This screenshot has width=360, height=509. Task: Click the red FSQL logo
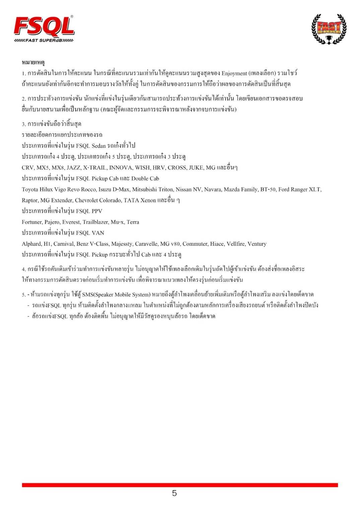click(44, 26)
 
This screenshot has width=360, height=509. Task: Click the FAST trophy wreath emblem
click(329, 29)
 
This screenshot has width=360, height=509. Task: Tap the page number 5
click(174, 493)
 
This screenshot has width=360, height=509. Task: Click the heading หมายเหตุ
click(33, 62)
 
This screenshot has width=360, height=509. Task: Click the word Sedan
click(98, 146)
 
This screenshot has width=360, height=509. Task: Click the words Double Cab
click(145, 178)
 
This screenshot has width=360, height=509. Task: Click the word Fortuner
click(32, 222)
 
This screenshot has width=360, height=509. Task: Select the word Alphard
click(31, 244)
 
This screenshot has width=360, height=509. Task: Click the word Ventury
click(257, 244)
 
